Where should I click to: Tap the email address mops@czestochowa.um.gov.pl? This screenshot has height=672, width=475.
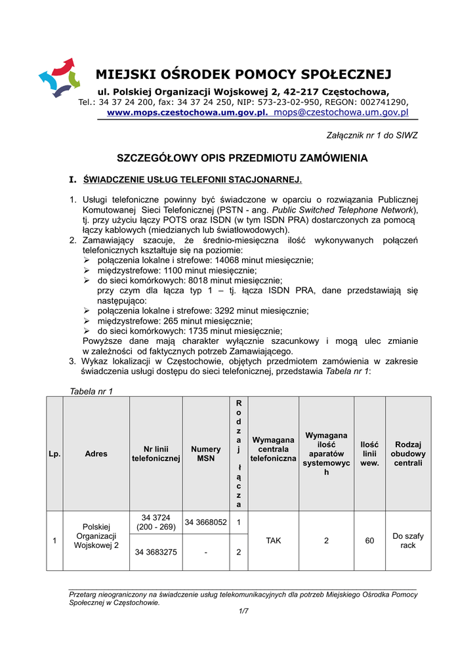point(341,112)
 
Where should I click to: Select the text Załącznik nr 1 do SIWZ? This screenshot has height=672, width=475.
point(372,135)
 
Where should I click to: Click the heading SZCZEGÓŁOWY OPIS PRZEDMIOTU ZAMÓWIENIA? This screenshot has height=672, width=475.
point(242,158)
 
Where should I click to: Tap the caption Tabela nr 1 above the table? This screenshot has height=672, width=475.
point(91,392)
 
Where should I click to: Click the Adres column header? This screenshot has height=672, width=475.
point(96,453)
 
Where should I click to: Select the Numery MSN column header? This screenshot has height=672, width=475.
point(206,453)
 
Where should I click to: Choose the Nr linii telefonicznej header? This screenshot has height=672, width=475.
point(156,453)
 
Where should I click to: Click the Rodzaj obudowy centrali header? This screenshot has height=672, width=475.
point(407,453)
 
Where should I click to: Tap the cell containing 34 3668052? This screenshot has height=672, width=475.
point(206,522)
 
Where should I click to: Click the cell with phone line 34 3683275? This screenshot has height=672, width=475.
point(156,552)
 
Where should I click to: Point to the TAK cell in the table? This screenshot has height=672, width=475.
point(274,541)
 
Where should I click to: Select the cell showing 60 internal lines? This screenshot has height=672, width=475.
point(369,541)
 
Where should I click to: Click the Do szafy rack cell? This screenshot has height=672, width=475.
point(407,541)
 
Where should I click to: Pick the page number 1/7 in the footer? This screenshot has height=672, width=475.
point(243,611)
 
